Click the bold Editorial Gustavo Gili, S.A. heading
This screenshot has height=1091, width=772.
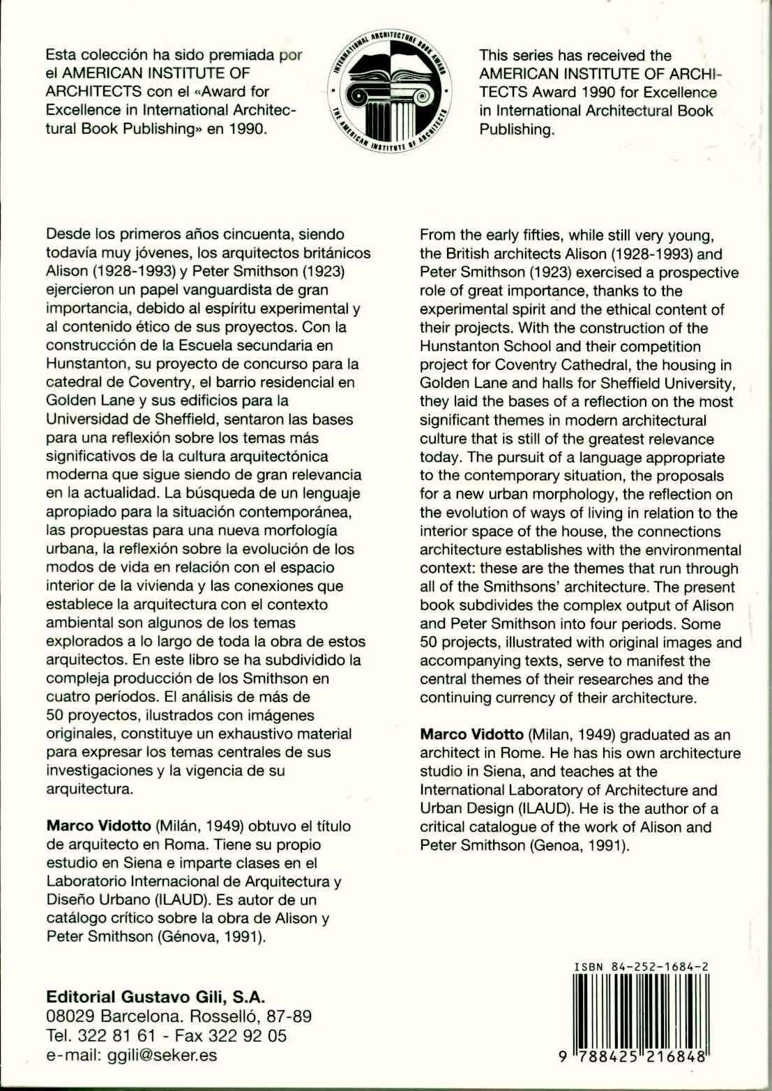(x=155, y=996)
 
